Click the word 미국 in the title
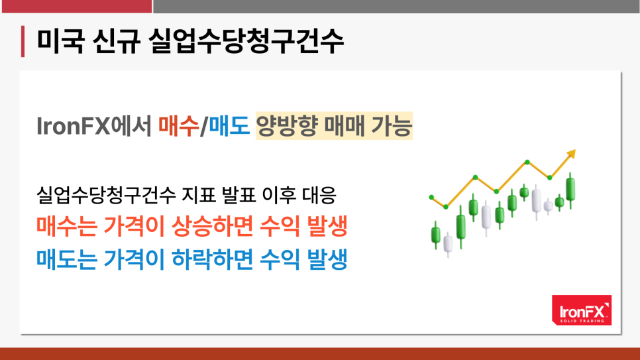(60, 41)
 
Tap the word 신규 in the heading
(117, 41)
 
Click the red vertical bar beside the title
(23, 41)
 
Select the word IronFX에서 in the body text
(94, 126)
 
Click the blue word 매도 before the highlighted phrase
(229, 126)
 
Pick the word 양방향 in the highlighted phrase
(287, 126)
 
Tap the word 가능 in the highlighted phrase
(392, 126)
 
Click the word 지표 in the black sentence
(198, 195)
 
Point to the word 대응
(319, 195)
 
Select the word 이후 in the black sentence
(279, 195)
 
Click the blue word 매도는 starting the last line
(66, 259)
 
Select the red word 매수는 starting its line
(66, 226)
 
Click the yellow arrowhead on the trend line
(571, 154)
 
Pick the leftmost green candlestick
(436, 235)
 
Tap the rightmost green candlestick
(570, 190)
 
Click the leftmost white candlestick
(448, 244)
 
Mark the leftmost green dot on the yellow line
(431, 198)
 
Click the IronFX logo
(582, 310)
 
